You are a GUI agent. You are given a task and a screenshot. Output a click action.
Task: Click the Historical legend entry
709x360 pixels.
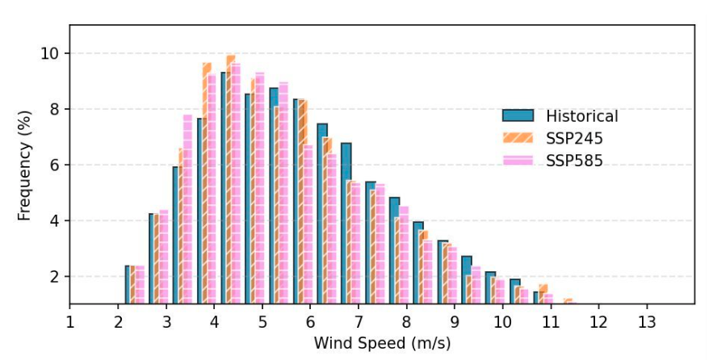point(581,116)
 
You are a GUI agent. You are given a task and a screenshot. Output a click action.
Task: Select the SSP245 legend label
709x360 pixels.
point(575,139)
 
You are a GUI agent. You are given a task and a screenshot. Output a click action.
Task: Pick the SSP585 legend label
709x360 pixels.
point(575,161)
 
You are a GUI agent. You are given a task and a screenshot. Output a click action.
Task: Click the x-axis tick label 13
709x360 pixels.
point(647,322)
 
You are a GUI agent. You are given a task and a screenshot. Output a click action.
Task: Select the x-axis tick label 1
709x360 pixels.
point(69,322)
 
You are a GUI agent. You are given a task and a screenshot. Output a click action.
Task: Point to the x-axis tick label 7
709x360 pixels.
point(358,322)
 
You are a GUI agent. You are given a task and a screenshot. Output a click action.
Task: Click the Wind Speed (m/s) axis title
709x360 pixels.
point(382,343)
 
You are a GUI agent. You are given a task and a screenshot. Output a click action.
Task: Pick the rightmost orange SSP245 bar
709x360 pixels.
point(568,301)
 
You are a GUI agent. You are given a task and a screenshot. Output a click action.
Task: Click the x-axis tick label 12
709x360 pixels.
point(598,322)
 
